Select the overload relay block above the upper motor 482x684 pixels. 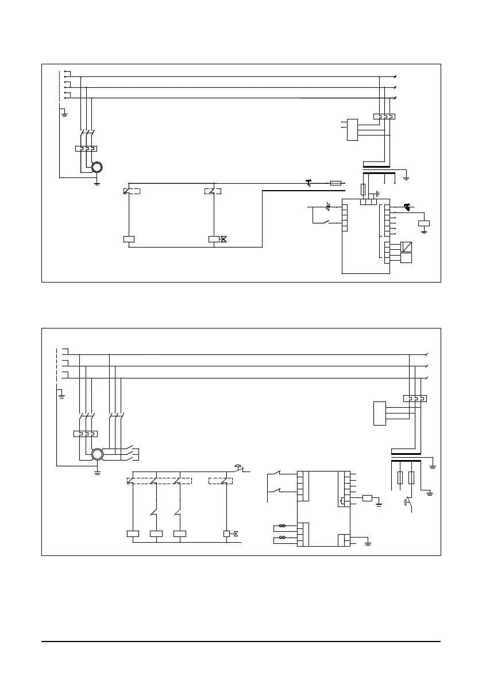pos(86,149)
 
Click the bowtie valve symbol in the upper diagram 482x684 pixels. pos(223,239)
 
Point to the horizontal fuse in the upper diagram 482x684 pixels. pos(337,183)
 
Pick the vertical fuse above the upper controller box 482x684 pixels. pos(363,190)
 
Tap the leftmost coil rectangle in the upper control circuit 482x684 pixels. pos(129,239)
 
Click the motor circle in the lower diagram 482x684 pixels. pos(97,455)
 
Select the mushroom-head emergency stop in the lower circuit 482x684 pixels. pos(239,466)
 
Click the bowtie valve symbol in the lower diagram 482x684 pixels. pos(236,534)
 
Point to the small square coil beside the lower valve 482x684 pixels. pos(226,534)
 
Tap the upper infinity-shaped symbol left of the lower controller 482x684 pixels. pos(282,525)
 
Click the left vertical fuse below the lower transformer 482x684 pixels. pos(400,478)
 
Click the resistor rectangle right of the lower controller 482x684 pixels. pos(368,498)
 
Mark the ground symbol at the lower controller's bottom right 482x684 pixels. pos(368,543)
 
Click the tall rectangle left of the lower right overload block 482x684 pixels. pos(379,413)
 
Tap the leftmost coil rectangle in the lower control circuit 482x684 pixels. pos(133,534)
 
